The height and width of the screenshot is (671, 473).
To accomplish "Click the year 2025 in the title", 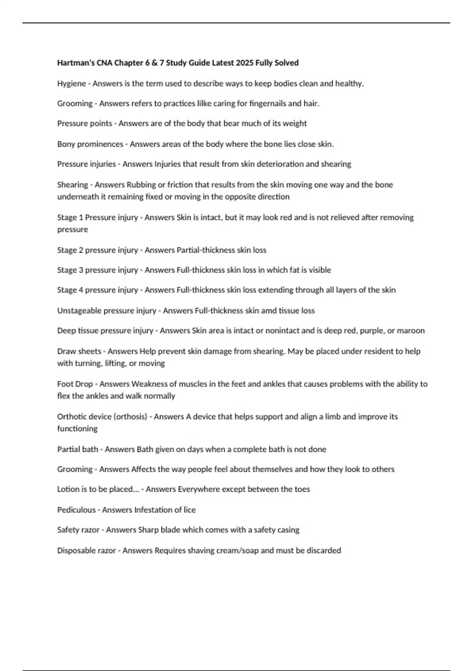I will tap(244, 63).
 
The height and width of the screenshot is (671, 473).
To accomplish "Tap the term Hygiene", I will tap(71, 84).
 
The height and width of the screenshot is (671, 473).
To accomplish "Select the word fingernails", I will tap(268, 103).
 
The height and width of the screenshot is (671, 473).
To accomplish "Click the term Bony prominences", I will tap(90, 144).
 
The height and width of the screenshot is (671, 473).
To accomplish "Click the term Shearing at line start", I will tap(73, 185).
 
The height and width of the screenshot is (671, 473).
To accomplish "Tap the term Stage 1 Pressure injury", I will tap(97, 217).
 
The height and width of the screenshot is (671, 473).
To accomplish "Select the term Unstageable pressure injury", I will tap(106, 311).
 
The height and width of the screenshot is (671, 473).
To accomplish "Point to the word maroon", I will tap(411, 331).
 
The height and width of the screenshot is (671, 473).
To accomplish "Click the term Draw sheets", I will tap(79, 351).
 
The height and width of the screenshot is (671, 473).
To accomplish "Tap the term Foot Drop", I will tap(74, 384).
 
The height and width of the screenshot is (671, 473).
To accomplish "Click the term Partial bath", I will tap(77, 449).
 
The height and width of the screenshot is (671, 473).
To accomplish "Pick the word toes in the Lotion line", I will tap(302, 489).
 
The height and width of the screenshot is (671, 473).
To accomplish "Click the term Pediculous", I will tap(76, 510).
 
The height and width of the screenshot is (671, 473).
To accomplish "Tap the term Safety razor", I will tap(78, 530).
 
